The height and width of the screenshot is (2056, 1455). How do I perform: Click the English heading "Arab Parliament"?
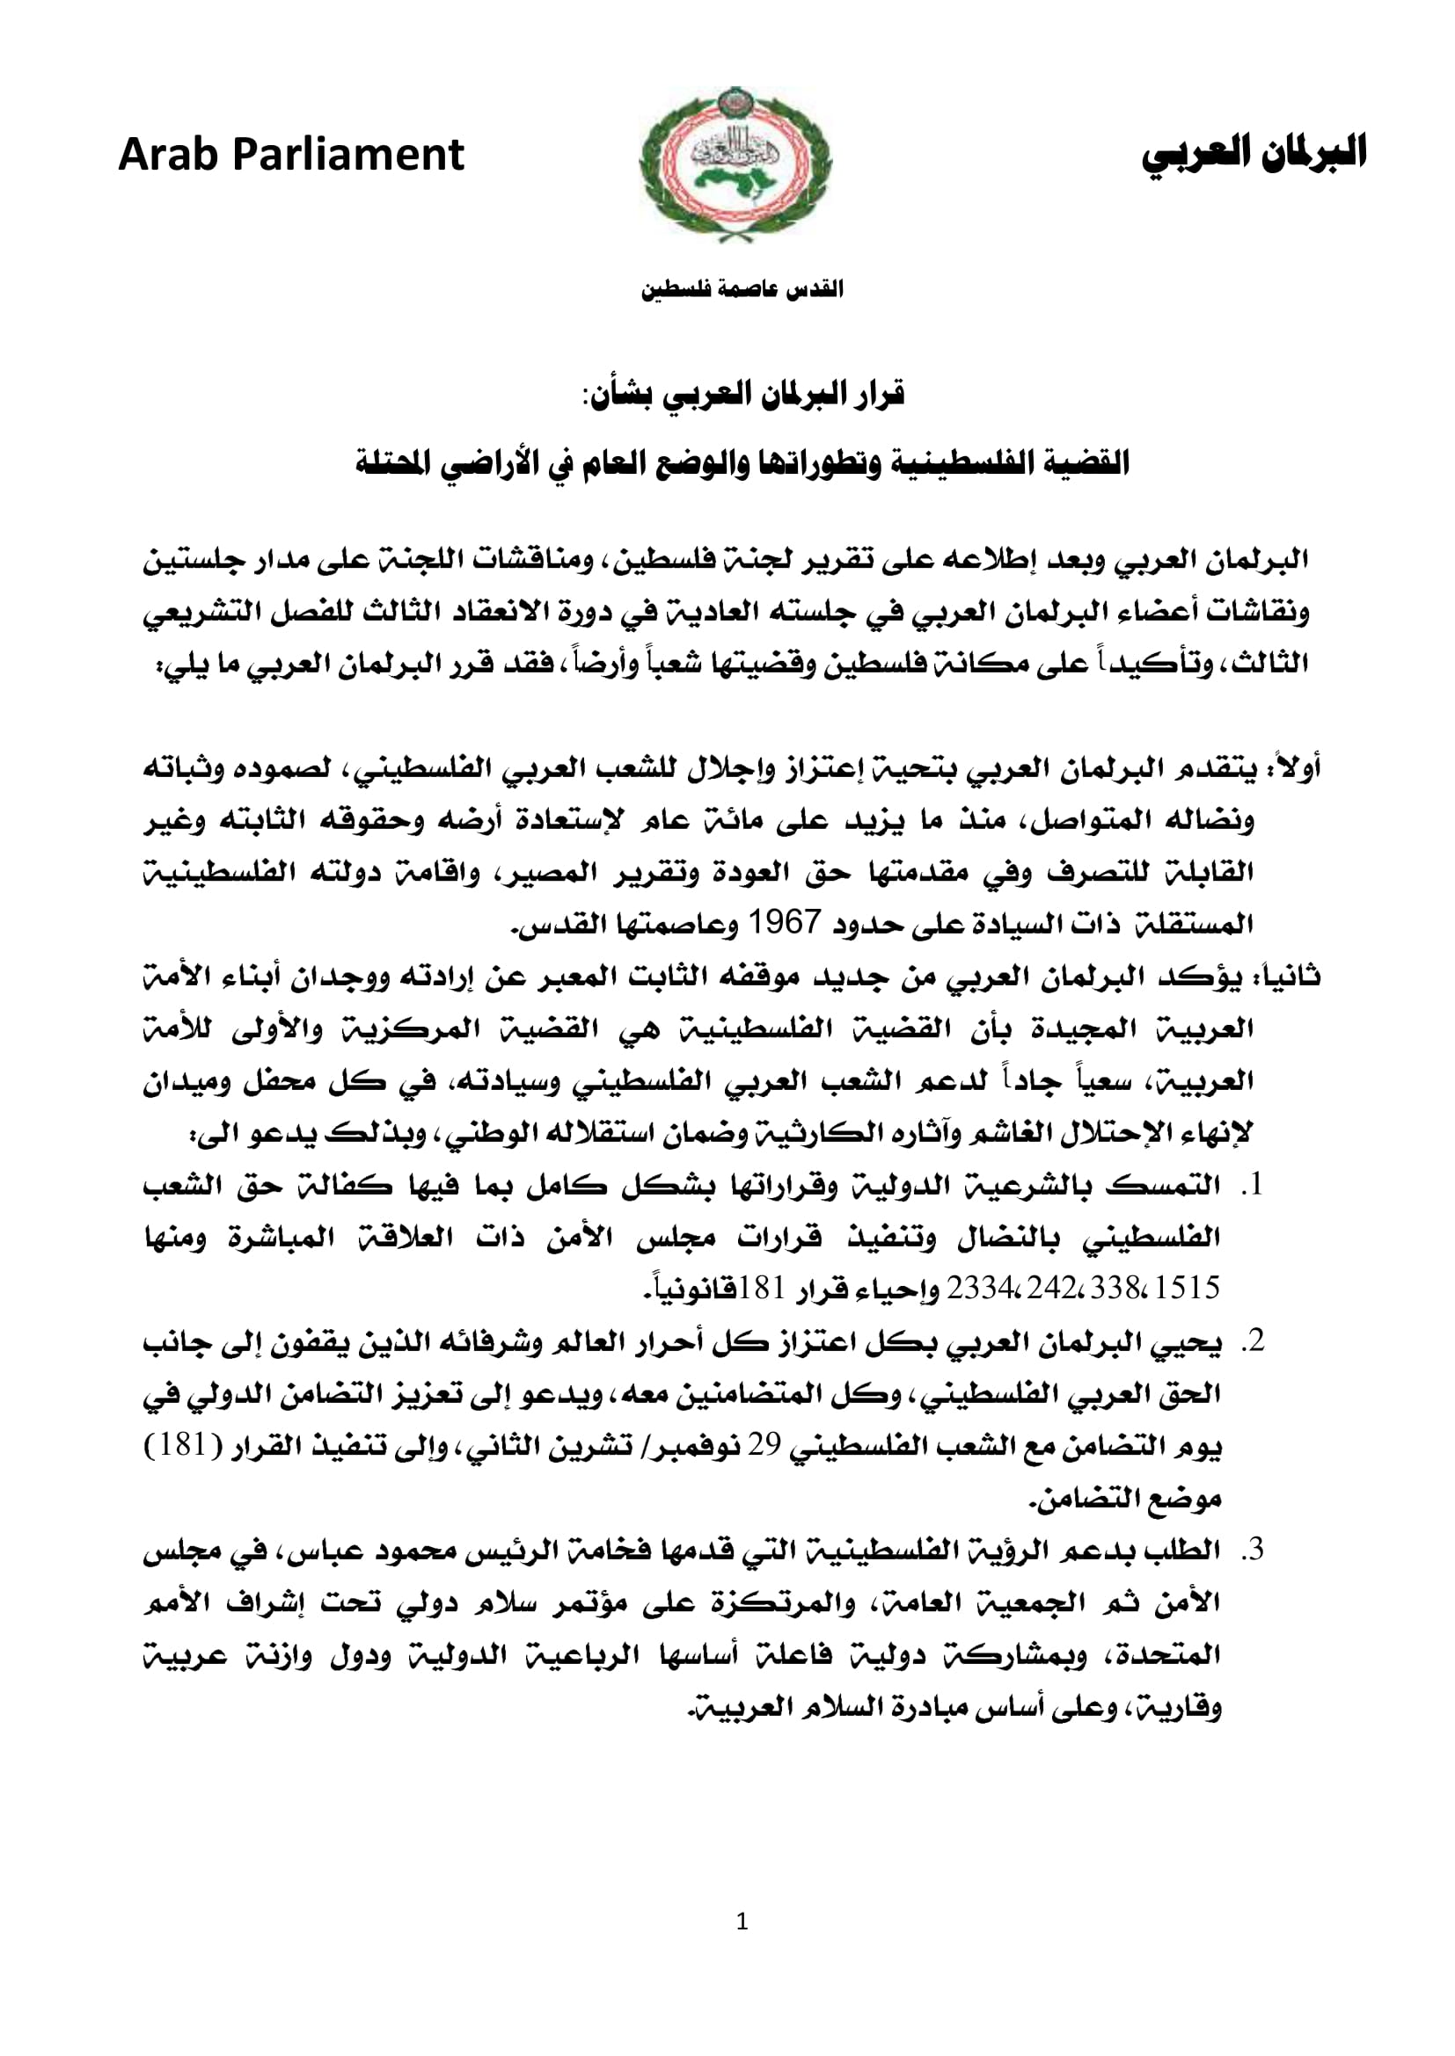(x=291, y=155)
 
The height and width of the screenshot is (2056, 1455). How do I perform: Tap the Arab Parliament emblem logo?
(x=735, y=164)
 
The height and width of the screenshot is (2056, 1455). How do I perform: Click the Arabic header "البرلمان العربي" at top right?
(x=1254, y=153)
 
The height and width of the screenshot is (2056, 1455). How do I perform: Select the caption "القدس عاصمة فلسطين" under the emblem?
(x=741, y=290)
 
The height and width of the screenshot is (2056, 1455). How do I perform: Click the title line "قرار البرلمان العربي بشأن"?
(x=742, y=394)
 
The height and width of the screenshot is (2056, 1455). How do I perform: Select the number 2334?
(x=980, y=1289)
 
